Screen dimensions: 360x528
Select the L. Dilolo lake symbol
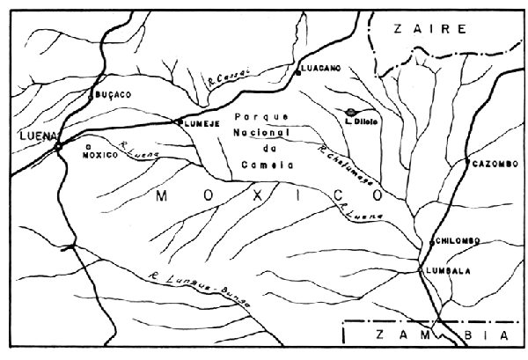pyautogui.click(x=351, y=112)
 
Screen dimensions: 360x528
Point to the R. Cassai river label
pyautogui.click(x=222, y=82)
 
